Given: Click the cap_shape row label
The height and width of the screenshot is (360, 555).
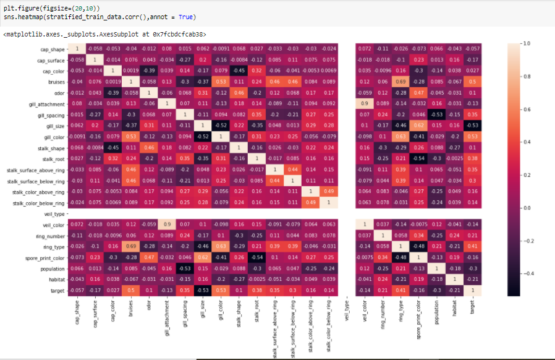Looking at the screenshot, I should tap(49, 48).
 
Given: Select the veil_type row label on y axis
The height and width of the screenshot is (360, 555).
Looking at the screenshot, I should tap(51, 213).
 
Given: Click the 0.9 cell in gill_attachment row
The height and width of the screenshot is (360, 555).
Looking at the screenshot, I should tap(365, 103).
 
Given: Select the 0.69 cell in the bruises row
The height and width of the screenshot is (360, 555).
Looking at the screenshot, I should tap(401, 81).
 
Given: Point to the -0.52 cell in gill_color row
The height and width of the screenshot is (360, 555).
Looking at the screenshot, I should tap(202, 136).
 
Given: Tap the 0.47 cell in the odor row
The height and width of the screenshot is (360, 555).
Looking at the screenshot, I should tap(419, 92).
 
